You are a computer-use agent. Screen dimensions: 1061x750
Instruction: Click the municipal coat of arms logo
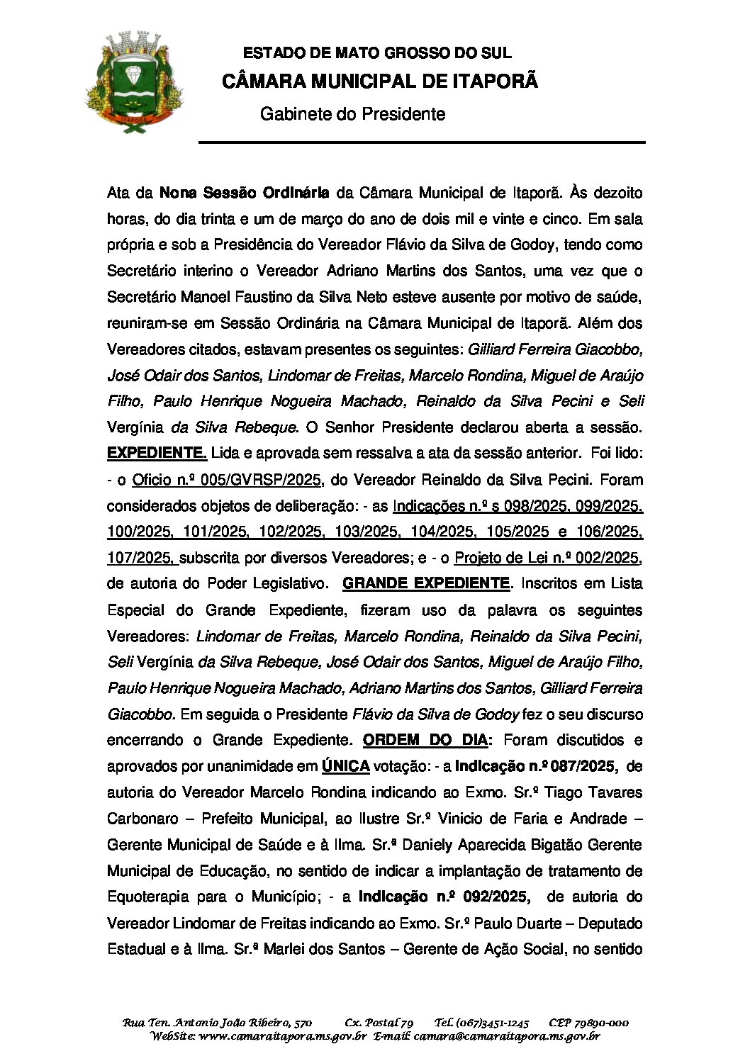tap(134, 82)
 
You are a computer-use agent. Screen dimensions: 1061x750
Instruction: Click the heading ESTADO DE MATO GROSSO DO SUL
tap(376, 53)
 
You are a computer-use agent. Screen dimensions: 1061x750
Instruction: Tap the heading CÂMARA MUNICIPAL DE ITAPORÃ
tap(380, 82)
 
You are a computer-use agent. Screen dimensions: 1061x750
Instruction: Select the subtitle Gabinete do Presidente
tap(352, 114)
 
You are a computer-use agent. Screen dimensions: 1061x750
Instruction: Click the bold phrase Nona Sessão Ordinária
tap(244, 193)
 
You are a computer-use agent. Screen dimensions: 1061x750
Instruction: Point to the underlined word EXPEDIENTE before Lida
tap(157, 454)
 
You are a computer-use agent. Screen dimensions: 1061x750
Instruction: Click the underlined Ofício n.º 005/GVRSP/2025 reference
tap(228, 480)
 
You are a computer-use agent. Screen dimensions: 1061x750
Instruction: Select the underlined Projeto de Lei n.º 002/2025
tap(547, 558)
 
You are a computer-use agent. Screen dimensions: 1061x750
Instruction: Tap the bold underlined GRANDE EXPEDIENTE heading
tap(425, 584)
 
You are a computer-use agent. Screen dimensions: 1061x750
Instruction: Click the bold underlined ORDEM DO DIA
tap(425, 741)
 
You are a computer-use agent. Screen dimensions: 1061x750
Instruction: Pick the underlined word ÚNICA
tap(345, 767)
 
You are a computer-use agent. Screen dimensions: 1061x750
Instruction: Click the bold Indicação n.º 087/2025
tap(537, 767)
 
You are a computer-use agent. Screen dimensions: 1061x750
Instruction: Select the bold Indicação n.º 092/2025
tap(444, 897)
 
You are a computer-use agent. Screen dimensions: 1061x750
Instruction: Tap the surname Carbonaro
tap(142, 819)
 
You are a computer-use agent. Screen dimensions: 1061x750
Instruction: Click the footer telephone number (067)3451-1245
tap(482, 1023)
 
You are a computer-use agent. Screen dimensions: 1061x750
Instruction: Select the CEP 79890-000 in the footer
tap(588, 1023)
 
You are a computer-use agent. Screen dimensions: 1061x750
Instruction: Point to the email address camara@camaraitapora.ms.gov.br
tap(506, 1036)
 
